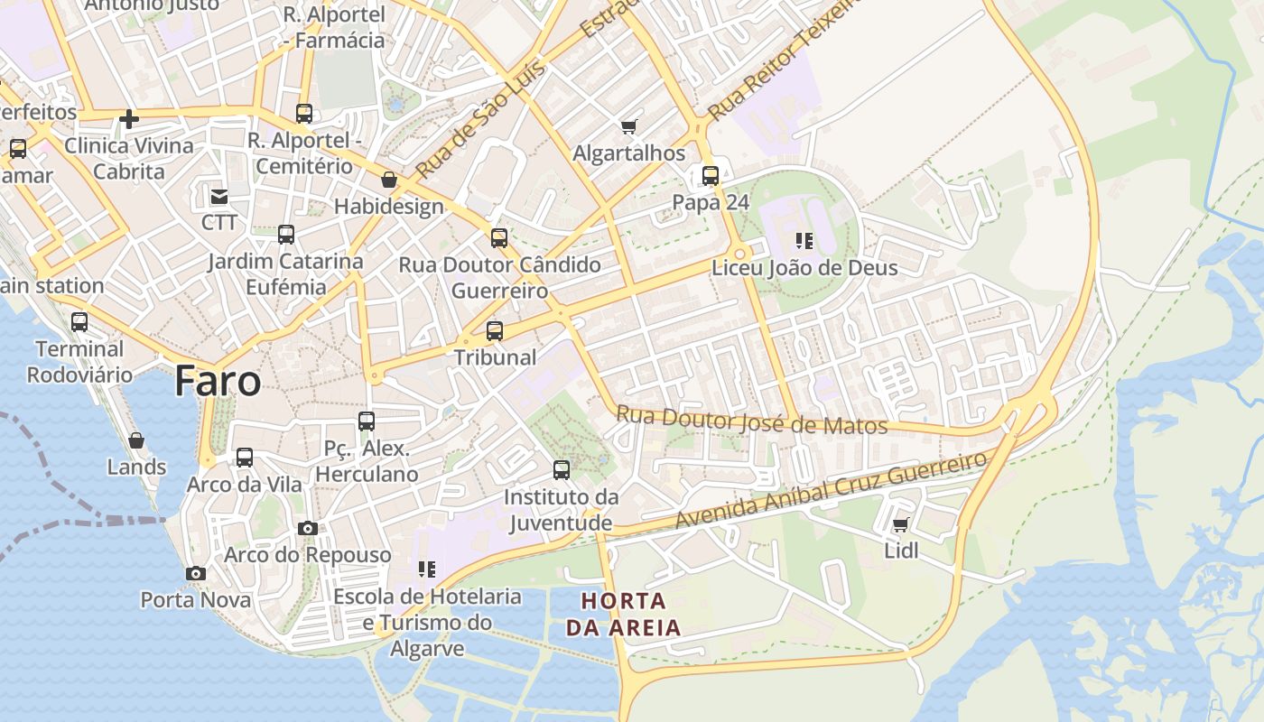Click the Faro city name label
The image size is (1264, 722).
218,381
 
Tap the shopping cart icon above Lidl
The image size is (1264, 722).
900,524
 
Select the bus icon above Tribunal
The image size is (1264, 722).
494,331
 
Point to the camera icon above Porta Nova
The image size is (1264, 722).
195,573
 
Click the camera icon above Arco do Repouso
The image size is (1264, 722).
308,528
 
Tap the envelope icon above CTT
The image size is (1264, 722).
218,196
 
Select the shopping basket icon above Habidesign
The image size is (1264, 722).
389,180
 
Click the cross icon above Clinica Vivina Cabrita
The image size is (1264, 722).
129,118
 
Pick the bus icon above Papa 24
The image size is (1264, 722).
711,176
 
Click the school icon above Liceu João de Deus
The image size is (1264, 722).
804,241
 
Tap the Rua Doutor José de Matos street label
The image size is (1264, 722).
751,421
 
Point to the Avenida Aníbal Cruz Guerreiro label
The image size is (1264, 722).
831,491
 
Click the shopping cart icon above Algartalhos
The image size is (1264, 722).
628,126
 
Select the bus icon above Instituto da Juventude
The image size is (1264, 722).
562,470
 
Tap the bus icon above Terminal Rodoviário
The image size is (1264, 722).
79,322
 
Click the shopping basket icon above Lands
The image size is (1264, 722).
136,440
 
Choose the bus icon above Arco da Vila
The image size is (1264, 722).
245,458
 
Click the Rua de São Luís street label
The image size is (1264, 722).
469,119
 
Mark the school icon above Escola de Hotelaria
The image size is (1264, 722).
427,569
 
